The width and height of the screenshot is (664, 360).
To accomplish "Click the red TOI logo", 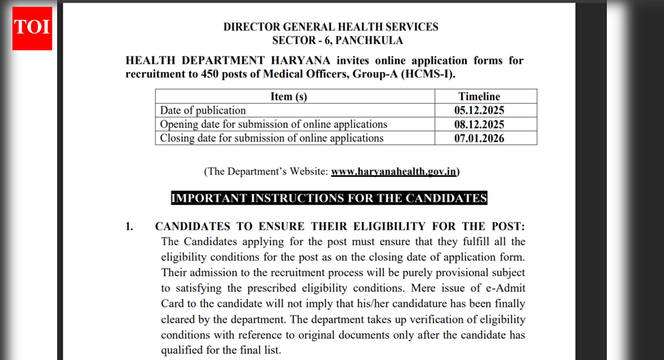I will pos(32,27).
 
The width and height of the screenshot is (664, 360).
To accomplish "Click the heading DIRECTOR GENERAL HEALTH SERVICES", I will pos(330,27).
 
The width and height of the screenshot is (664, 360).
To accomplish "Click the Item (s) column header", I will pos(288,96).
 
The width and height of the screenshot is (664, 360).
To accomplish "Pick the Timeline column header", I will pos(479,96).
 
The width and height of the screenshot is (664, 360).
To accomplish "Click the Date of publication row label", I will pos(202,110).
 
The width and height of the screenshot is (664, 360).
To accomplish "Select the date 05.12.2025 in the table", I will pos(479,110).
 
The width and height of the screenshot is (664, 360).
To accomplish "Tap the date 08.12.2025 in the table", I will pos(479,124).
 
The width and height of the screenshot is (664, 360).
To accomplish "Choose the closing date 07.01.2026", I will pos(479,138).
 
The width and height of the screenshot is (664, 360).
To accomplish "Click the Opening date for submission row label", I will pos(273,124).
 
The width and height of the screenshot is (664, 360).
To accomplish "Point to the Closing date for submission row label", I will pos(271,138).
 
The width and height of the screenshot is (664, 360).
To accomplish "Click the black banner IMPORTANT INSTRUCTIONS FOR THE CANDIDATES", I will pos(329,199).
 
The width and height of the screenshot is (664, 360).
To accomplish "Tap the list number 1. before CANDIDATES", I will pos(129,227).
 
